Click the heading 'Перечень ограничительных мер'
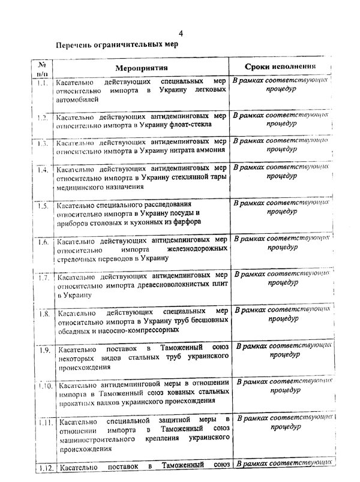117,46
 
